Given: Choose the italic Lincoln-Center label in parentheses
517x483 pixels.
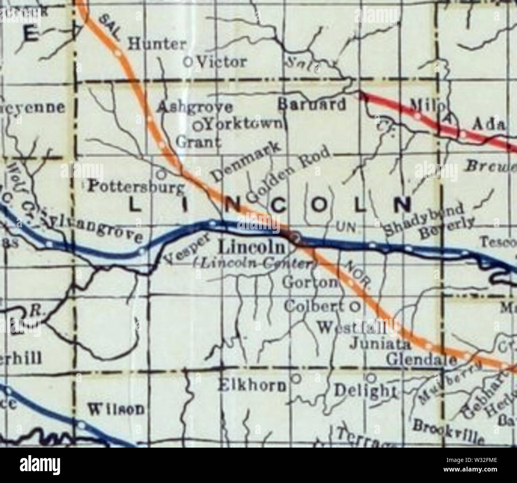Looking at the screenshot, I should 255,265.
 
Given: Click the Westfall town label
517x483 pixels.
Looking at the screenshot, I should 352,328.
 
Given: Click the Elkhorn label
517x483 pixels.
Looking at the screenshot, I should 253,385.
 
